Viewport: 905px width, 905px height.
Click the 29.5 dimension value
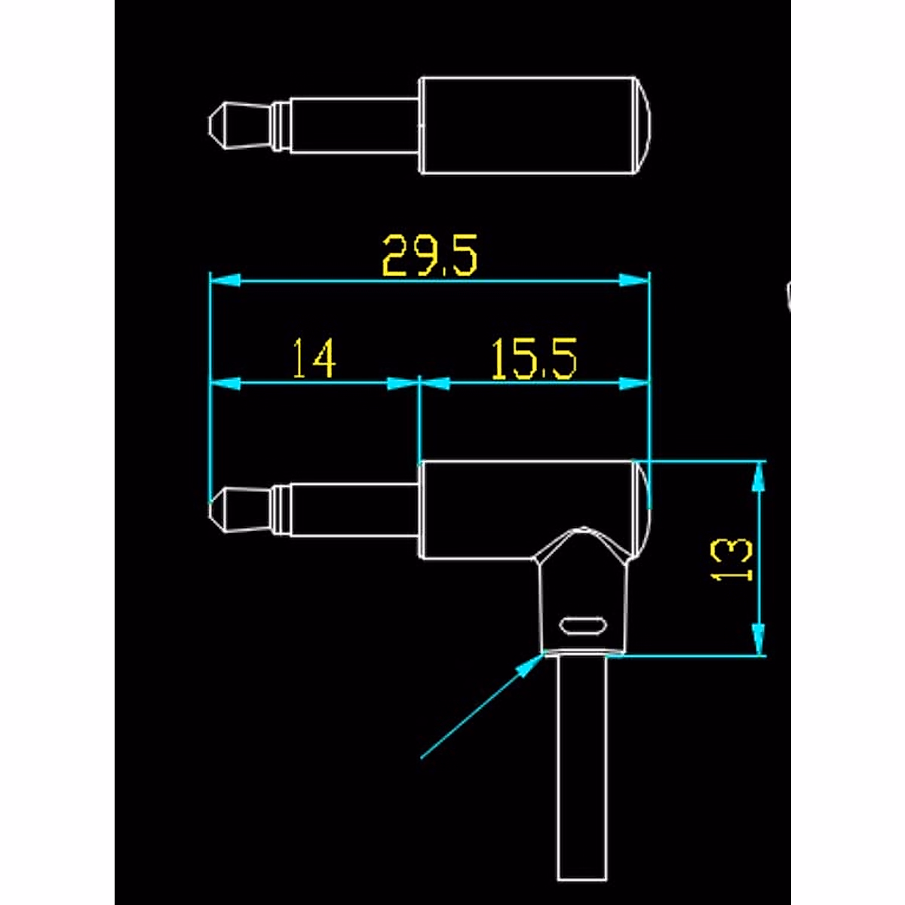pos(429,256)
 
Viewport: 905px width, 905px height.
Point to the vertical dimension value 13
pos(733,559)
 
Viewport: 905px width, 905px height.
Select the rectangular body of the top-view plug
pos(528,125)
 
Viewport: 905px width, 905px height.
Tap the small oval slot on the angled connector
pos(581,625)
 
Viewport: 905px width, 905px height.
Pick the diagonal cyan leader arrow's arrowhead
pos(531,664)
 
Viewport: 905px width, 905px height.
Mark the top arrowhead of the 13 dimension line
pos(759,475)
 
